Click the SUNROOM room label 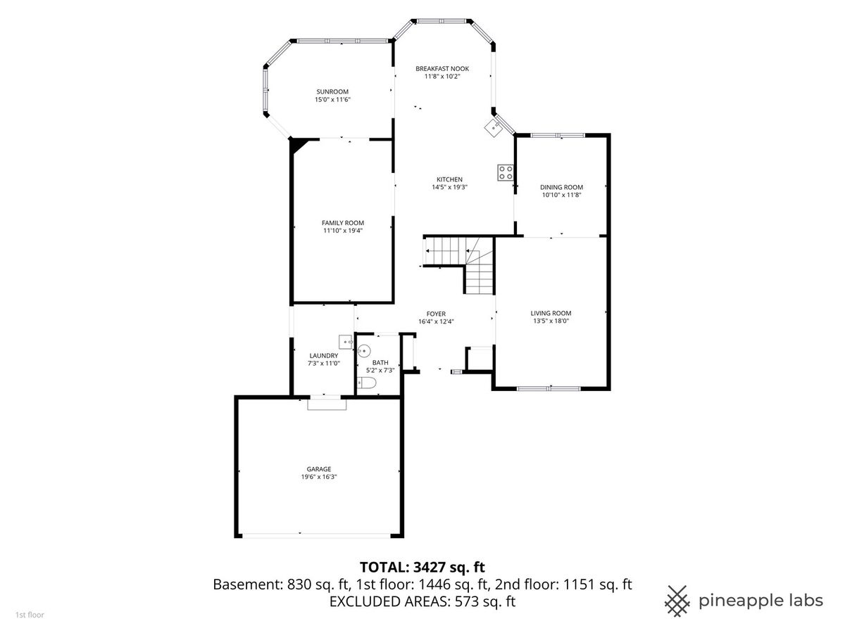[332, 92]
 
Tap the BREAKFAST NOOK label [442, 69]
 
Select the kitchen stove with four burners [505, 172]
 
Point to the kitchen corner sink [492, 127]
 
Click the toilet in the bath [366, 383]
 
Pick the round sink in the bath [363, 351]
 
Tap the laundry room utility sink [346, 342]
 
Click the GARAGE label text [319, 469]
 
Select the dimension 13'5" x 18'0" [551, 321]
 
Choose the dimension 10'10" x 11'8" [561, 195]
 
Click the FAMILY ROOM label [343, 223]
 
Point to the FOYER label [436, 314]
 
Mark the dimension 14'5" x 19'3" [449, 187]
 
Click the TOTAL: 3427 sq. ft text [423, 568]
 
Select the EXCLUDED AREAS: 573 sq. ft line [423, 601]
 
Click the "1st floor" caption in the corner [30, 615]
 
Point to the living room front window [549, 388]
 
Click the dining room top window [558, 135]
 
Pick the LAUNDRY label [324, 356]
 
